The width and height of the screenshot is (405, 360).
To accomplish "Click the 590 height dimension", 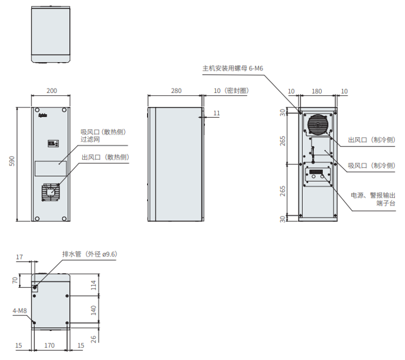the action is pos(12,161).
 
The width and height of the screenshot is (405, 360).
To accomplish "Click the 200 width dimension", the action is pos(51,90).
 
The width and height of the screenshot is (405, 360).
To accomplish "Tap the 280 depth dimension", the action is pos(176,90).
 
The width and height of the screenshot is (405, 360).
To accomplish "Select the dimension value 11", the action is pos(217,113).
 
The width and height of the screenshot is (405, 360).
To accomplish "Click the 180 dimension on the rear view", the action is pos(317,91).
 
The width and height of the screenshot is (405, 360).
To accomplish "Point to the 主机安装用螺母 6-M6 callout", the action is pos(233,68).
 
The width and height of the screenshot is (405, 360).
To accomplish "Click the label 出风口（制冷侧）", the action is pos(371,140).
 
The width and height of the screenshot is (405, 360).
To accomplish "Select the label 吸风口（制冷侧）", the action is pos(371,166).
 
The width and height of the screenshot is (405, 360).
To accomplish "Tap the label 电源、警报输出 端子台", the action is pos(373,199).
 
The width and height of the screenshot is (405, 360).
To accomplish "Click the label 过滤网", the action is pos(90,140).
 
